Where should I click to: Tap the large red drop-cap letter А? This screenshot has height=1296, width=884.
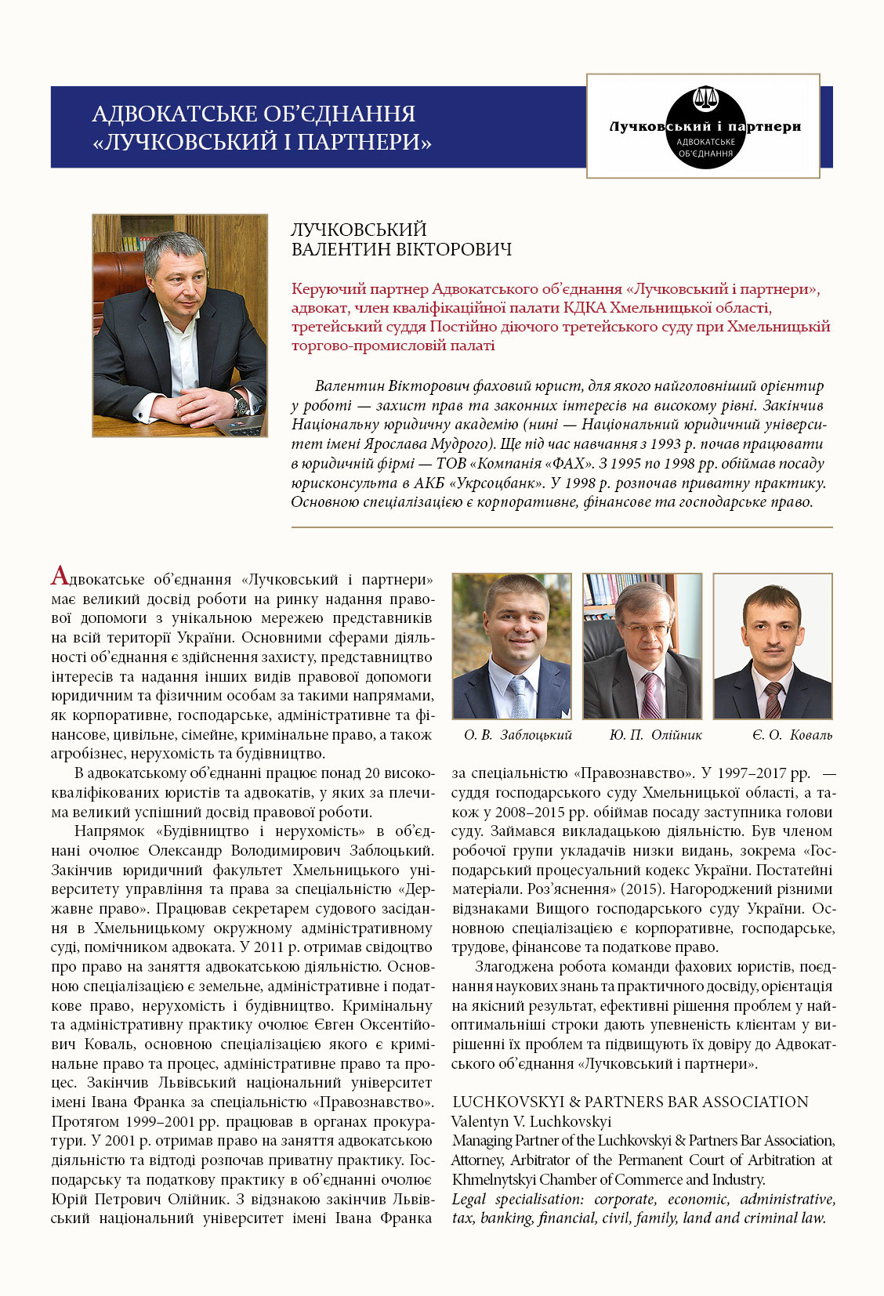coord(60,576)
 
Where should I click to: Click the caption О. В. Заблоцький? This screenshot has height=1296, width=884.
coord(517,735)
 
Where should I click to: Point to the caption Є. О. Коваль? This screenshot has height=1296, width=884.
coord(792,735)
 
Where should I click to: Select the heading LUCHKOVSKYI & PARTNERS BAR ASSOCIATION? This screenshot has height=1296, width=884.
coord(630,1102)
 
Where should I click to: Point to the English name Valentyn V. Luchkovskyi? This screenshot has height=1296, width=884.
coord(531,1121)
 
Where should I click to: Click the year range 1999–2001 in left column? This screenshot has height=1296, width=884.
coord(154,1121)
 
